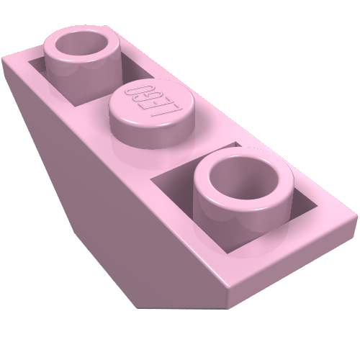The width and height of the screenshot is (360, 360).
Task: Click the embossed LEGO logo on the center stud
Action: point(153,99)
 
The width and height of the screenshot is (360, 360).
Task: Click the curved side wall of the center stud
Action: point(151,135)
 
